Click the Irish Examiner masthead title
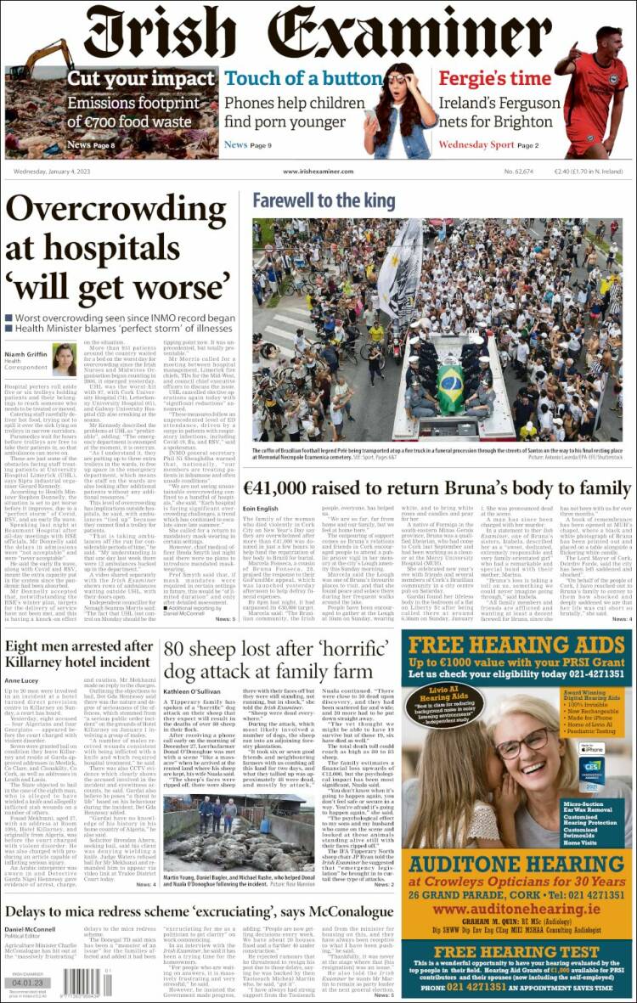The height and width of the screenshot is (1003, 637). click(x=318, y=31)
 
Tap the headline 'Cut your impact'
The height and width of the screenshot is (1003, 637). click(x=140, y=79)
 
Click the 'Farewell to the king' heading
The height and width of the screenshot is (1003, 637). click(x=324, y=200)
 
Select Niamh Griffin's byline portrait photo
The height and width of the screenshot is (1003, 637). click(x=65, y=359)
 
